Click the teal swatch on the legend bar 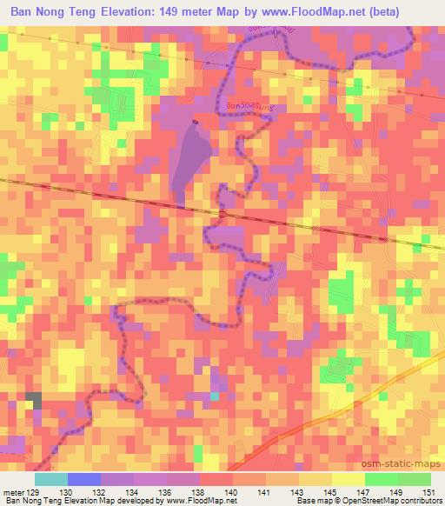(51, 479)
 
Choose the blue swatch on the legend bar (83, 479)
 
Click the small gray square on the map (34, 400)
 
